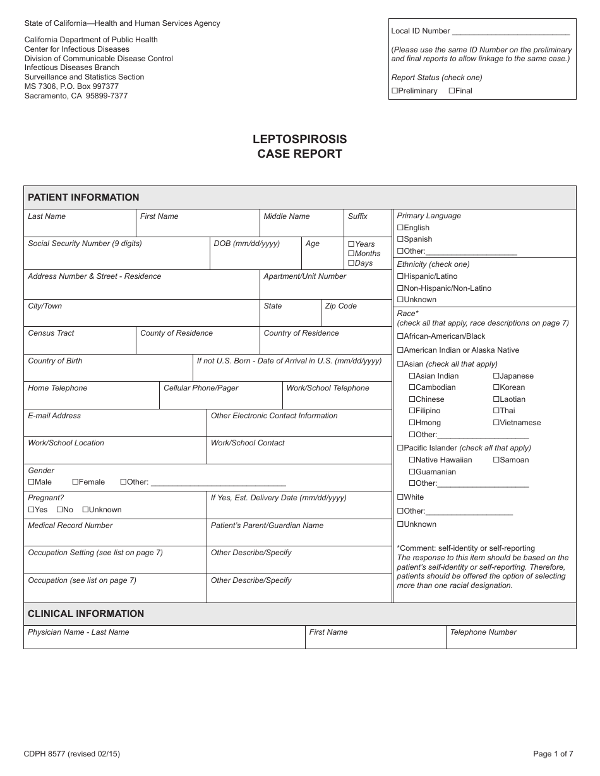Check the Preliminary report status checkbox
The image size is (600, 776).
pyautogui.click(x=395, y=91)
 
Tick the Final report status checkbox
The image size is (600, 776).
pyautogui.click(x=452, y=91)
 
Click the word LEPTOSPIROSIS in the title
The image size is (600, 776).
pyautogui.click(x=299, y=139)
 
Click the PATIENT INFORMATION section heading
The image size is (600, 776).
pyautogui.click(x=83, y=197)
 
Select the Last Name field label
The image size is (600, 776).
pyautogui.click(x=47, y=216)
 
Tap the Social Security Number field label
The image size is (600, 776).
pyautogui.click(x=85, y=244)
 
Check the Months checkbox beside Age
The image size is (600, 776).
pyautogui.click(x=351, y=254)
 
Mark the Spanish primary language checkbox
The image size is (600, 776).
pyautogui.click(x=400, y=239)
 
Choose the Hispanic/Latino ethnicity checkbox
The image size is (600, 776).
pyautogui.click(x=400, y=276)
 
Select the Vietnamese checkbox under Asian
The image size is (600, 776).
pyautogui.click(x=496, y=423)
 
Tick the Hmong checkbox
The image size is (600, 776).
pyautogui.click(x=412, y=423)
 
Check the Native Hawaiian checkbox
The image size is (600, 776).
pyautogui.click(x=412, y=460)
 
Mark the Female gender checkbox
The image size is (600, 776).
pyautogui.click(x=75, y=482)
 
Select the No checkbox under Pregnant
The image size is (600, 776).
pyautogui.click(x=59, y=510)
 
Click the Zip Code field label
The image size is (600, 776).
pyautogui.click(x=340, y=306)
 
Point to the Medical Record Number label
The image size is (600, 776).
pyautogui.click(x=70, y=526)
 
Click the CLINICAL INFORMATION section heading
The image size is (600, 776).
pyautogui.click(x=86, y=614)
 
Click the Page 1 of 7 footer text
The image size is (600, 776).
pyautogui.click(x=553, y=753)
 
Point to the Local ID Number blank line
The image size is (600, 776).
pyautogui.click(x=511, y=31)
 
